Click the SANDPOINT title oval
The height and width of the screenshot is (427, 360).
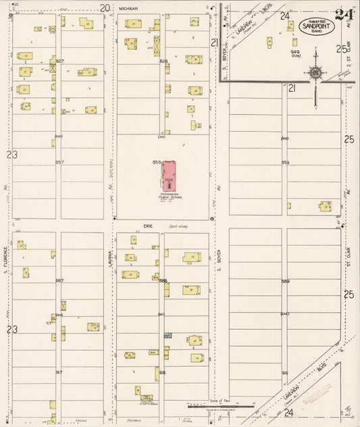tap(316, 26)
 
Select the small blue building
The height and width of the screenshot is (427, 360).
tap(168, 335)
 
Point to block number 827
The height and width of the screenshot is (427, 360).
tap(59, 61)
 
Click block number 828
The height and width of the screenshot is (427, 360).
tap(163, 61)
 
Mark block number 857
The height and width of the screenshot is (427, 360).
tap(59, 162)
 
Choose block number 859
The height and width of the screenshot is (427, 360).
tap(285, 162)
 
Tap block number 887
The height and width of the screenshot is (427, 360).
tap(59, 280)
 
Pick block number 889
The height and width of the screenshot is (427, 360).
tap(285, 281)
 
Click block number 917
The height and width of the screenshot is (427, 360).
tap(59, 372)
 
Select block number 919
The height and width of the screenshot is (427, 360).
tap(285, 372)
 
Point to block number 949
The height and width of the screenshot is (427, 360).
tap(295, 51)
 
